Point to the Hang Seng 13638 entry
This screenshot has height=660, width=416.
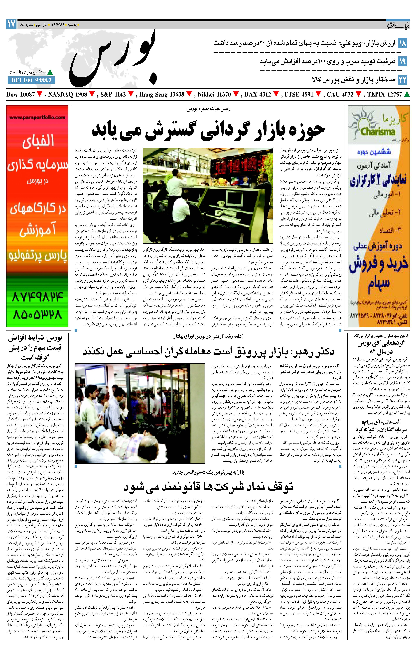(x=162, y=95)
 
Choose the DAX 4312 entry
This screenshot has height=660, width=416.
(x=258, y=95)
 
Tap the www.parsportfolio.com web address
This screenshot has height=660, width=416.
(x=37, y=117)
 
